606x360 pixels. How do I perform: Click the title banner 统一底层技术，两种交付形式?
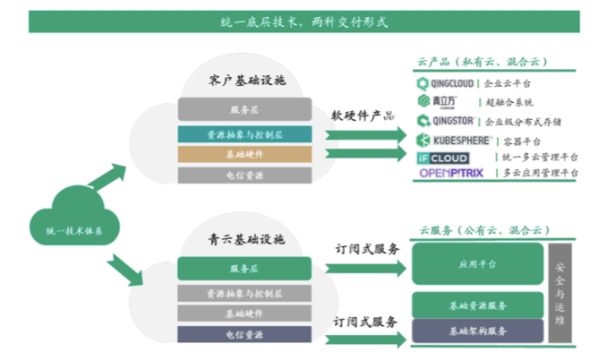[x=303, y=21]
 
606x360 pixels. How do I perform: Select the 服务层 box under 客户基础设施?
[x=243, y=110]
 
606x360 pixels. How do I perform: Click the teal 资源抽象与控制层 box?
[x=243, y=133]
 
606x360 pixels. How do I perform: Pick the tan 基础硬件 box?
[x=243, y=155]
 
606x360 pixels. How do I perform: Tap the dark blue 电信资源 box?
[x=243, y=334]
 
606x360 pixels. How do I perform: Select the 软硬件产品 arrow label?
[x=363, y=116]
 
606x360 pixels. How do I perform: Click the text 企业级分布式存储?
[x=523, y=121]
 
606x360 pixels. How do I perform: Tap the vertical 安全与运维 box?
[x=561, y=293]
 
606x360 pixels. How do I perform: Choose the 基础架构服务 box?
[x=477, y=331]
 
